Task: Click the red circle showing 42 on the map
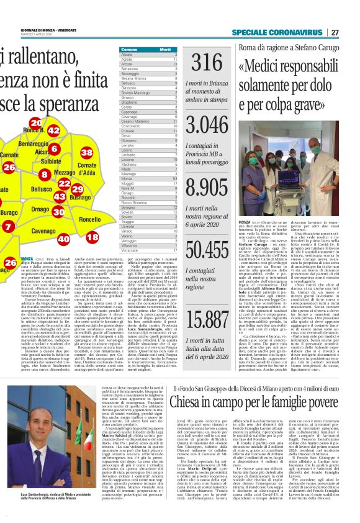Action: tap(53, 130)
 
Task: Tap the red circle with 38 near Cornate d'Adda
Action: tap(87, 153)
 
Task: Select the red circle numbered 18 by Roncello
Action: tap(92, 237)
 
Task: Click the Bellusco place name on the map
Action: tap(42, 189)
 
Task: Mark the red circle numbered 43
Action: tap(60, 196)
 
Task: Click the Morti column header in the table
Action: tap(164, 49)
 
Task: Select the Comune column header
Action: tap(129, 49)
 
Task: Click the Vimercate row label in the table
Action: tap(130, 250)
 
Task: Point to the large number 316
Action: tap(207, 64)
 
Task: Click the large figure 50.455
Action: tap(207, 248)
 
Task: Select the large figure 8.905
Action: tap(207, 187)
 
